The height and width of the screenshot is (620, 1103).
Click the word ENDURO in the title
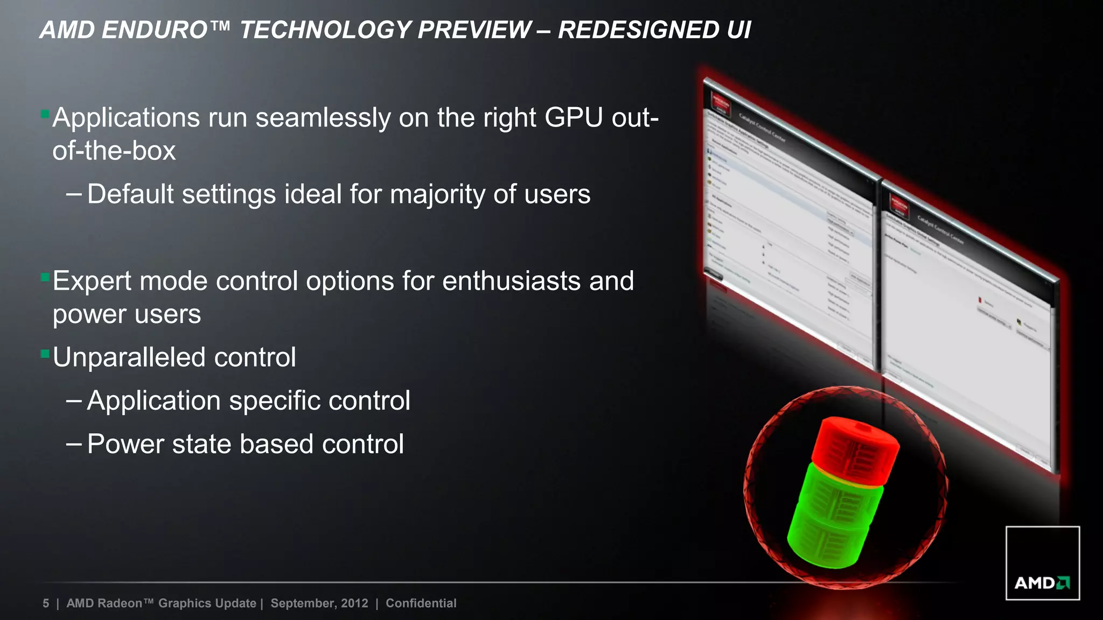point(154,30)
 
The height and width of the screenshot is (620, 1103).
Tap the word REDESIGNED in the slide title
point(638,30)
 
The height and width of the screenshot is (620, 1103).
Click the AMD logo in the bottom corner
point(1042,563)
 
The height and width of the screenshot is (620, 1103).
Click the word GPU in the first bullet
point(574,117)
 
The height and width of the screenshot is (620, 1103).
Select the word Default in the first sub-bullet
point(130,194)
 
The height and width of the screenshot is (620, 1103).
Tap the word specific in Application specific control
point(275,401)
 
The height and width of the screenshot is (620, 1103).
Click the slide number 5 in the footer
point(46,603)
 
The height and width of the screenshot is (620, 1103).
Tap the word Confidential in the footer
point(421,603)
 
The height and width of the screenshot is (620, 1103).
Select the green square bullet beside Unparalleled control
point(45,355)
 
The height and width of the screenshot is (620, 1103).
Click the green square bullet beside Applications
point(45,115)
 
